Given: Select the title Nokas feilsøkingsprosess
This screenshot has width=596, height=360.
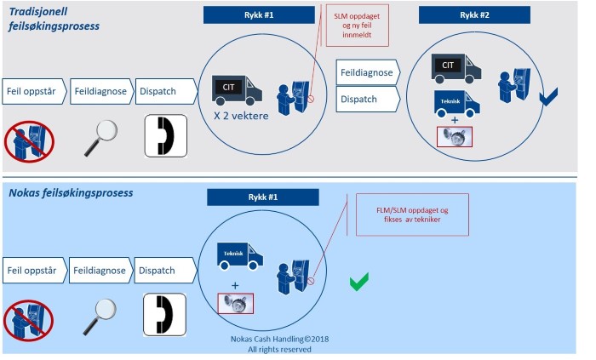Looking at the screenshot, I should point(72,193).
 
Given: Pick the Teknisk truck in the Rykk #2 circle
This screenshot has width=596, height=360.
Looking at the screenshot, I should point(456,102).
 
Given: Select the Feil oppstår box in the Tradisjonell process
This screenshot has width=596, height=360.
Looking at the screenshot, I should point(33,92).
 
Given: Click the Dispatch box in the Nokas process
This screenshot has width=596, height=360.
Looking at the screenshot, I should point(164,271).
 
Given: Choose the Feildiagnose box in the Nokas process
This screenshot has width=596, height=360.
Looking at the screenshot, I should point(100,271).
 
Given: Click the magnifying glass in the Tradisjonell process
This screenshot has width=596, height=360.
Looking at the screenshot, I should point(101,137).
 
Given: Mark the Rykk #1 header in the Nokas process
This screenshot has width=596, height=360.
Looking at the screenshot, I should point(262,197).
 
